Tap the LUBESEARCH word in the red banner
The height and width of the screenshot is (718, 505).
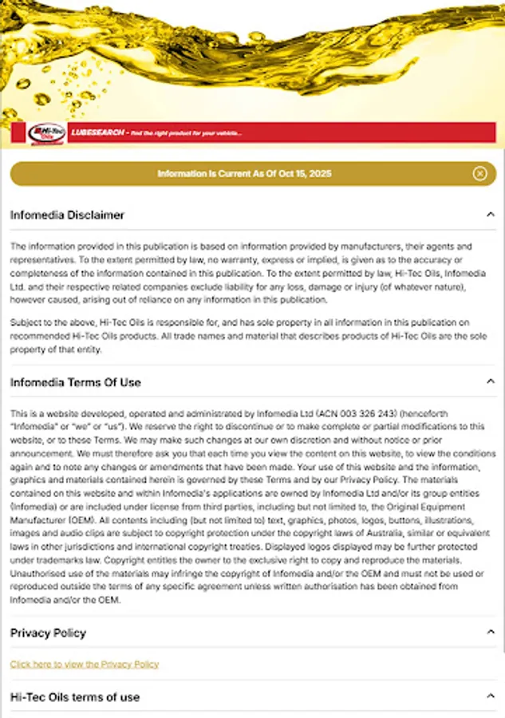tap(97, 132)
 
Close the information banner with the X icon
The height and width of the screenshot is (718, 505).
tap(479, 174)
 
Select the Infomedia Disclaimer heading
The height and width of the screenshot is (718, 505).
tap(67, 215)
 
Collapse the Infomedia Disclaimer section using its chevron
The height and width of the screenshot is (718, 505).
tap(491, 215)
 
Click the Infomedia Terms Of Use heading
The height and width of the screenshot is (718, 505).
tap(75, 382)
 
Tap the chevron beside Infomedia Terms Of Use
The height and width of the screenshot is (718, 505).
tap(491, 382)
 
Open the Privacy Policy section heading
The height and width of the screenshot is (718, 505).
tap(48, 633)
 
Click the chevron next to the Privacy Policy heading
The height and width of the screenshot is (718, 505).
tap(491, 633)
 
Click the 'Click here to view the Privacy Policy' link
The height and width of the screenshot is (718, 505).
tap(85, 664)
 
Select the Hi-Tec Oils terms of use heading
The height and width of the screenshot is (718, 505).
tap(75, 696)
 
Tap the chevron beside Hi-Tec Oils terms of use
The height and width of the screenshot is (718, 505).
tap(491, 696)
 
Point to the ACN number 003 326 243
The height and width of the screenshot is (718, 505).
tap(368, 414)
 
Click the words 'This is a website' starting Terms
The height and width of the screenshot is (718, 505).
tap(43, 414)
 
